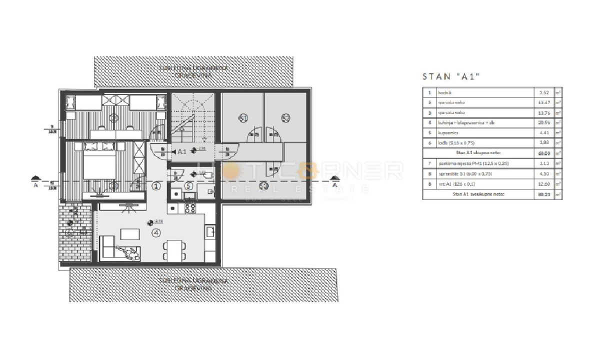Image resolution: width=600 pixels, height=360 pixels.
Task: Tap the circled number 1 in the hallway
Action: tap(156, 186)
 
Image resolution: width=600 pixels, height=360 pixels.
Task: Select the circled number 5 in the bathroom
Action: tap(188, 186)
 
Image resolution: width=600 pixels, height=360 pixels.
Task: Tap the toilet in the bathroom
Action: tap(208, 175)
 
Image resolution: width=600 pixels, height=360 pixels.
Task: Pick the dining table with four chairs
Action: tap(174, 249)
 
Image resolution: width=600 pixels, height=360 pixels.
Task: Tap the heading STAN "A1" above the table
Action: tap(451, 76)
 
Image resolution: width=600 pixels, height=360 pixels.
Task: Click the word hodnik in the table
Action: tap(445, 92)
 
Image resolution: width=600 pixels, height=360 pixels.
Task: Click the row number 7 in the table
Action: tap(428, 163)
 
